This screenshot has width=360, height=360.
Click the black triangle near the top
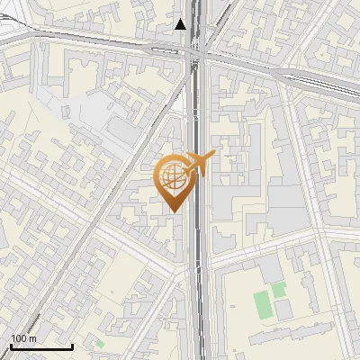tap(181, 24)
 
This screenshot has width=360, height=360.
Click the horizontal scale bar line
tap(41, 347)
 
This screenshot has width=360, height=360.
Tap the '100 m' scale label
tap(24, 338)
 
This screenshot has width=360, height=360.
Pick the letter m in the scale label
tap(32, 338)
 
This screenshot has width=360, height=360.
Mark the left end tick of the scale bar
tap(11, 346)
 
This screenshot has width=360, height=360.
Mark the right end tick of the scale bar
tap(72, 346)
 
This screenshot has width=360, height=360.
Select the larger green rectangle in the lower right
tap(263, 305)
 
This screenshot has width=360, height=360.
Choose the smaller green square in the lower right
tap(279, 290)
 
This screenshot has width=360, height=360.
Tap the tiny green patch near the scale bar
tap(100, 343)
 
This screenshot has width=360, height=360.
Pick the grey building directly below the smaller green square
tap(283, 310)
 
